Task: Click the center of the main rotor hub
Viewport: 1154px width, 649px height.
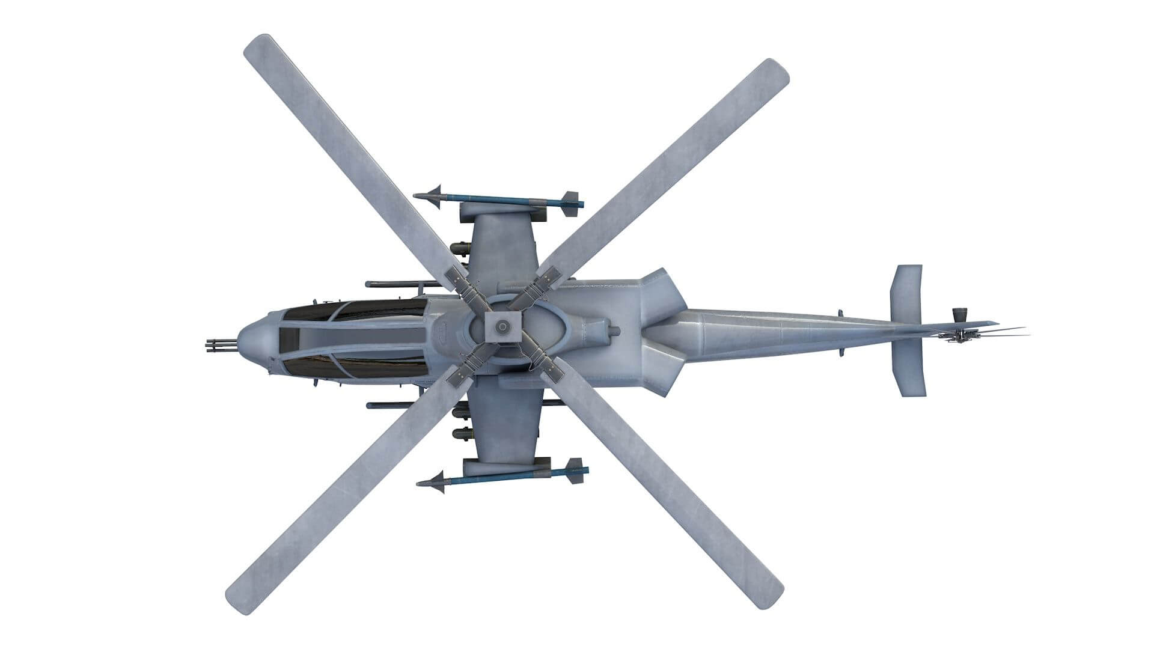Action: [x=501, y=327]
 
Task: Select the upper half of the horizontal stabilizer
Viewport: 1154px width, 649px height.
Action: [x=906, y=294]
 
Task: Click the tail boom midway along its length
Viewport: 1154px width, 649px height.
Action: [x=775, y=334]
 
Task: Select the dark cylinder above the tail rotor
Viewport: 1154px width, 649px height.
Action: [x=959, y=314]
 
